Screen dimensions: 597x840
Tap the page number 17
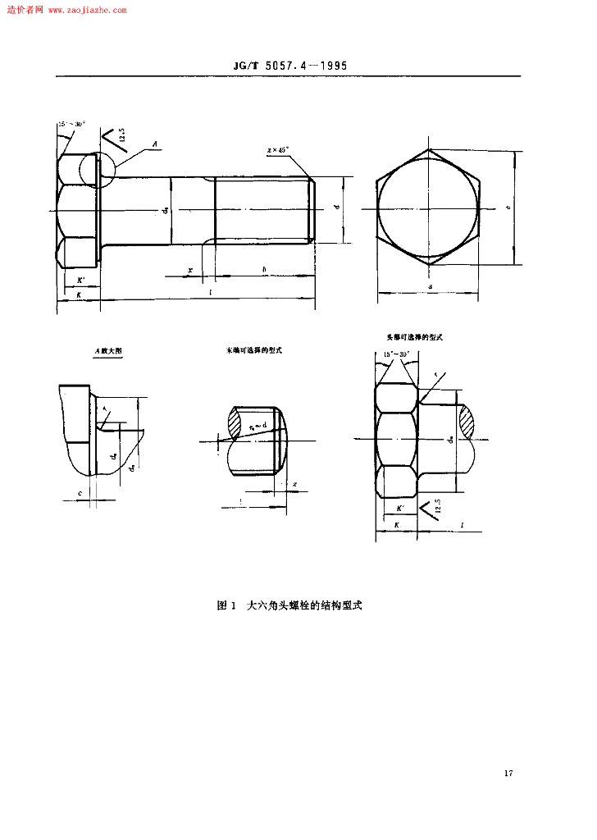[x=508, y=774]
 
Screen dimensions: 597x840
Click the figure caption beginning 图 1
[x=289, y=606]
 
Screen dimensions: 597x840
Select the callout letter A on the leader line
[x=154, y=144]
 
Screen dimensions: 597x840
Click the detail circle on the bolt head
[x=97, y=170]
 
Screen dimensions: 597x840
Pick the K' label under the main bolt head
[x=80, y=281]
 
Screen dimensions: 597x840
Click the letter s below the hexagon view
[x=430, y=286]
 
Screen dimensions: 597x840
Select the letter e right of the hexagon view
[x=508, y=208]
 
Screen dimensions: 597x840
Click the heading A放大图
[x=107, y=350]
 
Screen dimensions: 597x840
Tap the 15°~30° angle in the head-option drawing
[x=396, y=354]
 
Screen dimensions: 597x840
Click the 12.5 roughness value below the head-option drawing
[x=438, y=505]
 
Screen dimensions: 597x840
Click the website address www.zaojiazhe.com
[x=88, y=10]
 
